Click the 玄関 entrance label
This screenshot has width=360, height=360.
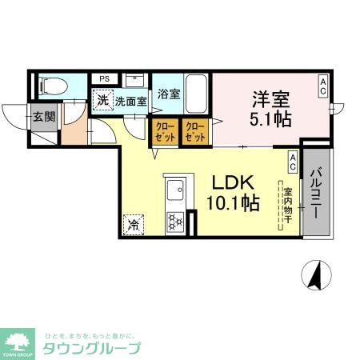[44, 117]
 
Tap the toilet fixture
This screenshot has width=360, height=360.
[50, 85]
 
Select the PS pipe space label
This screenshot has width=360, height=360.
[105, 78]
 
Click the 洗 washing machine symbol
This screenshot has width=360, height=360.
[102, 101]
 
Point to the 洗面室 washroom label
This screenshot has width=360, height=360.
[130, 102]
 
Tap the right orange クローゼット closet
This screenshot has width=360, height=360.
[194, 130]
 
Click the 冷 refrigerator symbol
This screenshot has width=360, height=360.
[133, 225]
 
